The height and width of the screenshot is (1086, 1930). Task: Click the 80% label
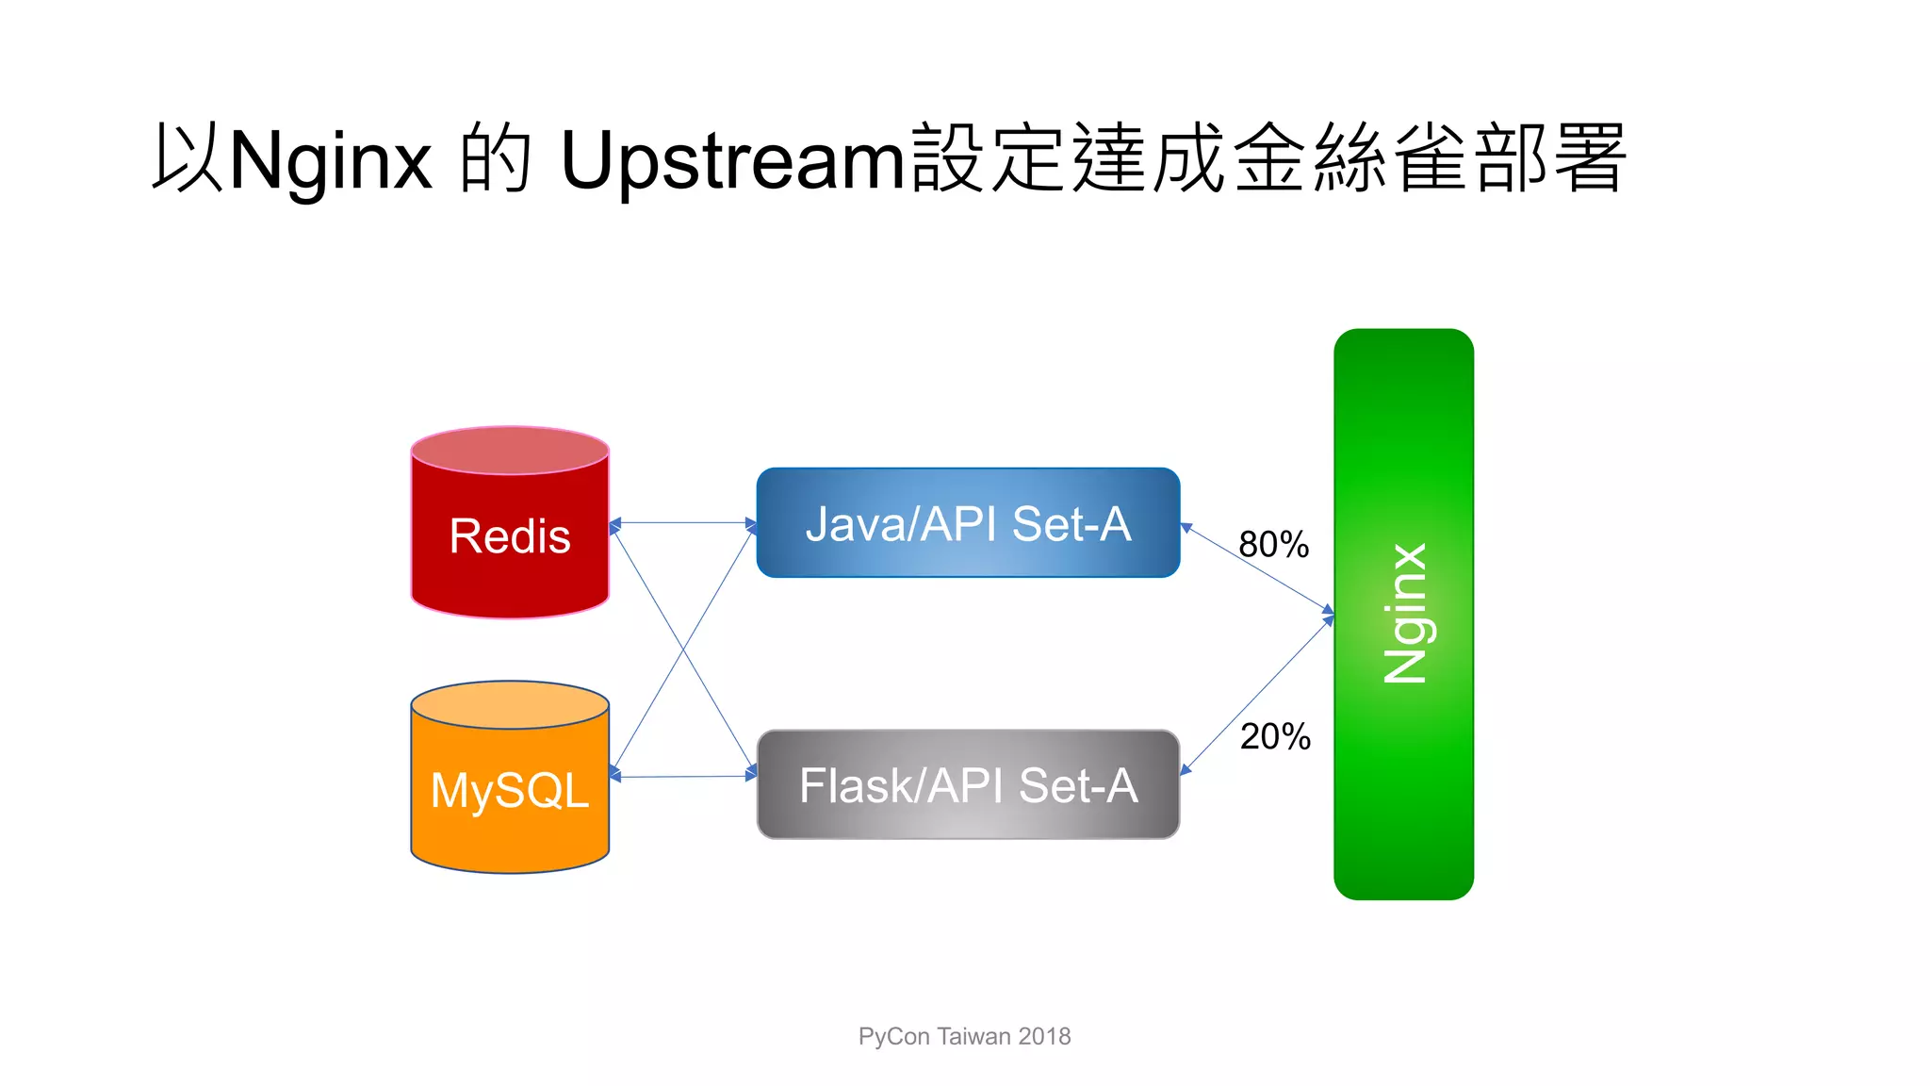point(1273,545)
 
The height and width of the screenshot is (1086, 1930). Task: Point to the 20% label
point(1275,736)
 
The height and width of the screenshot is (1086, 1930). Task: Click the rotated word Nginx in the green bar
point(1405,613)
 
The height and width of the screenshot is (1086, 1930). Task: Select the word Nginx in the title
point(330,160)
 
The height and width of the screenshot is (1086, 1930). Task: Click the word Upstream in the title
point(732,160)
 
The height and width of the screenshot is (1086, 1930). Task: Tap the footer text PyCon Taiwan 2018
point(964,1036)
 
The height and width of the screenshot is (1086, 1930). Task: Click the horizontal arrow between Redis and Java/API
point(683,522)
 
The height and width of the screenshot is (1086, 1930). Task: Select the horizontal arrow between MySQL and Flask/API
point(683,777)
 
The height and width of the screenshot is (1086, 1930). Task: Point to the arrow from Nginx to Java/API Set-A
point(1258,569)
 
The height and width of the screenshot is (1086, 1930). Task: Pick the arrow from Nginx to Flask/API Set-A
point(1258,696)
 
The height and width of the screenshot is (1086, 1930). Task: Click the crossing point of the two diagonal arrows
point(684,650)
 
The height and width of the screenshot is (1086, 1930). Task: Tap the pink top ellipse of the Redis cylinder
point(510,450)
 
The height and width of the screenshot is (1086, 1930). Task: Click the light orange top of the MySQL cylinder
point(510,705)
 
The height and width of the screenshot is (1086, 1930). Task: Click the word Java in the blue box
point(852,524)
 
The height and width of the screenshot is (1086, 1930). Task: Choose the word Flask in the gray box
point(856,785)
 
